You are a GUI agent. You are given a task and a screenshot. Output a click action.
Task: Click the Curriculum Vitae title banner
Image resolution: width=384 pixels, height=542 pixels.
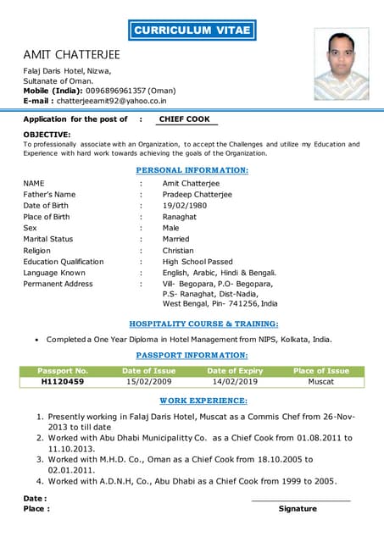pyautogui.click(x=192, y=30)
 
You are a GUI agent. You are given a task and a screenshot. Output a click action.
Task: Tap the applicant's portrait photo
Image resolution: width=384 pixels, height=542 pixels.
pyautogui.click(x=342, y=64)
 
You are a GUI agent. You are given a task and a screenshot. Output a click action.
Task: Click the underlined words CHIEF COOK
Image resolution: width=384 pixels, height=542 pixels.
pyautogui.click(x=185, y=119)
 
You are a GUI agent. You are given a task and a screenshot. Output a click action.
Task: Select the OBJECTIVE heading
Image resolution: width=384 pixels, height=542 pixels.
pyautogui.click(x=47, y=135)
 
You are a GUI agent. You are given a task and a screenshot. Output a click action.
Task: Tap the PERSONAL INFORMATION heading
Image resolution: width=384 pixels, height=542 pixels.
pyautogui.click(x=192, y=170)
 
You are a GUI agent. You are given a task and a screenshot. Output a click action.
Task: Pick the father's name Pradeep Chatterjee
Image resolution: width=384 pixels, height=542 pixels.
pyautogui.click(x=197, y=194)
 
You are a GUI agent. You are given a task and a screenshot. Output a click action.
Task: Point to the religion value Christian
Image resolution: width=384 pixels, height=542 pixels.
pyautogui.click(x=180, y=251)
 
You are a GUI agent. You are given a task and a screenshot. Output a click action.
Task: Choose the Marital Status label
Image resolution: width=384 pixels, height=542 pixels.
pyautogui.click(x=48, y=239)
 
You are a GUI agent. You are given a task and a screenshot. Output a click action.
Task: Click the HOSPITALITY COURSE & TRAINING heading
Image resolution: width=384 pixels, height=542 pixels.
pyautogui.click(x=203, y=324)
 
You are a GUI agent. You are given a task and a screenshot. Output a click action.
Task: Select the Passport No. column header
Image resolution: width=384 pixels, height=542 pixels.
pyautogui.click(x=63, y=371)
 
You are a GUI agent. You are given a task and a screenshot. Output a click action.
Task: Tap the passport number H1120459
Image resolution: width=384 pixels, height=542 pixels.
pyautogui.click(x=63, y=382)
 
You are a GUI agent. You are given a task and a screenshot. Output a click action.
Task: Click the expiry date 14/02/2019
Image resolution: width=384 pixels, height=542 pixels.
pyautogui.click(x=235, y=382)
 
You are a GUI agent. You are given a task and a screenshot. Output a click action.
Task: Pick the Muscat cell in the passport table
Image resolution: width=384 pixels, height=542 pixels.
pyautogui.click(x=320, y=382)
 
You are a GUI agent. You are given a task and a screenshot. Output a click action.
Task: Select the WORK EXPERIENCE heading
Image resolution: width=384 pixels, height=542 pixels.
pyautogui.click(x=203, y=400)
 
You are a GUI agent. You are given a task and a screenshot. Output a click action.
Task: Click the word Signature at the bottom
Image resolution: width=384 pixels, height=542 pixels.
pyautogui.click(x=298, y=509)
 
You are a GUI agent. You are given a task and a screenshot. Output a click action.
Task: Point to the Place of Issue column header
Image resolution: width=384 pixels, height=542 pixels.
pyautogui.click(x=320, y=371)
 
